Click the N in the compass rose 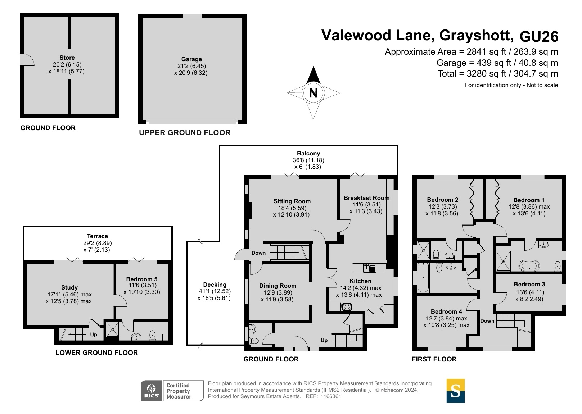(x=313, y=93)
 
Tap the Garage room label (x=191, y=59)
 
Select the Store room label (x=67, y=58)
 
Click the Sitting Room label (x=292, y=201)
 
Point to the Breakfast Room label (x=366, y=198)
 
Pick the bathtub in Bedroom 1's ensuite (x=529, y=266)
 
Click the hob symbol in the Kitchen (x=346, y=307)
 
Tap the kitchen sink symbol (x=370, y=268)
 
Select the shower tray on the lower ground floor (x=113, y=329)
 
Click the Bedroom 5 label (x=141, y=279)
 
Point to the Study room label (x=69, y=287)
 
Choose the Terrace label (x=97, y=236)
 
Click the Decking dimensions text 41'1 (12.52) (x=215, y=291)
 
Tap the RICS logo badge (x=151, y=391)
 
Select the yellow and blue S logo (x=455, y=391)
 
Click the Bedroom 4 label (x=446, y=311)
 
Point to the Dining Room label (x=278, y=286)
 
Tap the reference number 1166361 (x=330, y=396)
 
